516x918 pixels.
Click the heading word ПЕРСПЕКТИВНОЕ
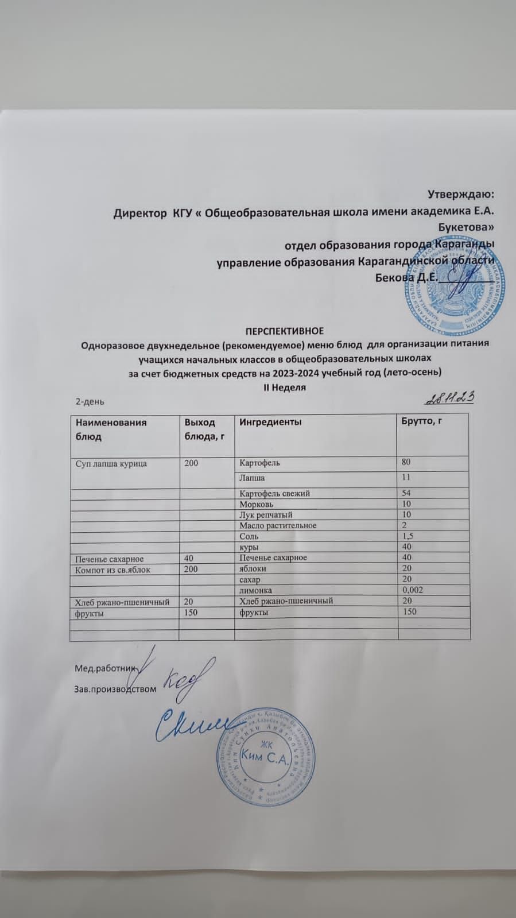point(285,331)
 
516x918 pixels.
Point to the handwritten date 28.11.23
point(452,398)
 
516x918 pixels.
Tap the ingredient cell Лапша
point(253,478)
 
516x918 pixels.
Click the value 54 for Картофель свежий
point(407,493)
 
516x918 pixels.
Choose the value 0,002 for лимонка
point(413,590)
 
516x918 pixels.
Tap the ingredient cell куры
point(249,547)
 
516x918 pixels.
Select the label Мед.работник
point(104,668)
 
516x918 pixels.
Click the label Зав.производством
point(115,688)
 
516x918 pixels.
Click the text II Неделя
point(284,387)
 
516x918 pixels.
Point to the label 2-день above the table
point(90,401)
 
